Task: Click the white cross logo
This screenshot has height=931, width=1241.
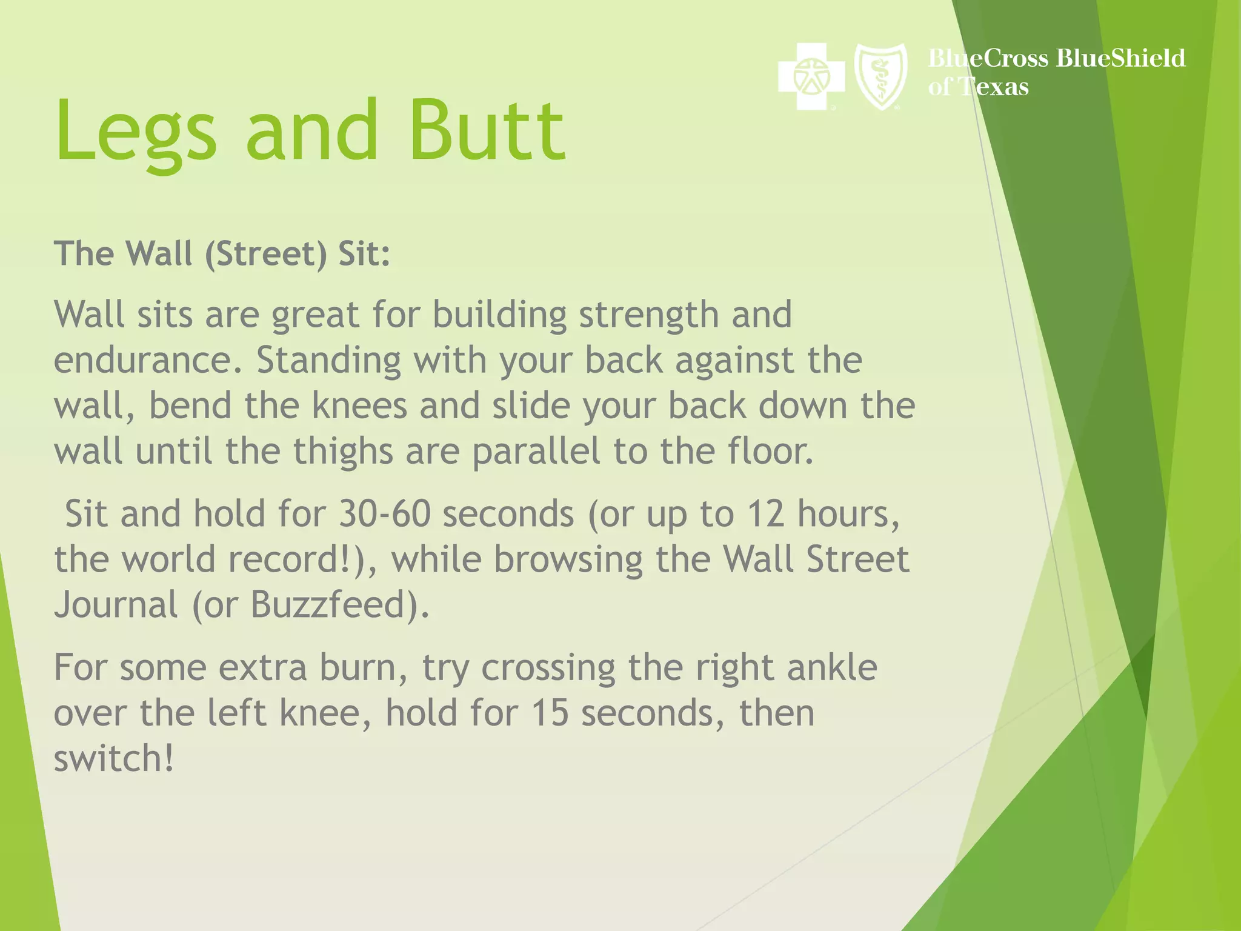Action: tap(811, 76)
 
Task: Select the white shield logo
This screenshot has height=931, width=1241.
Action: tap(880, 76)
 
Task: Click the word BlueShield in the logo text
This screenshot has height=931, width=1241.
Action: tap(1120, 58)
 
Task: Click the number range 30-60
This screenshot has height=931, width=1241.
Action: tap(384, 514)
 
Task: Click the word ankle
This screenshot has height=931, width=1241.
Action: tap(831, 667)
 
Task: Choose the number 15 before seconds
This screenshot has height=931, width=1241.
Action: tap(550, 713)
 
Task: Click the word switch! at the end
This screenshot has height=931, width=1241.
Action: tap(113, 759)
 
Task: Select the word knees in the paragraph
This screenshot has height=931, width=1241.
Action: tap(359, 406)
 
